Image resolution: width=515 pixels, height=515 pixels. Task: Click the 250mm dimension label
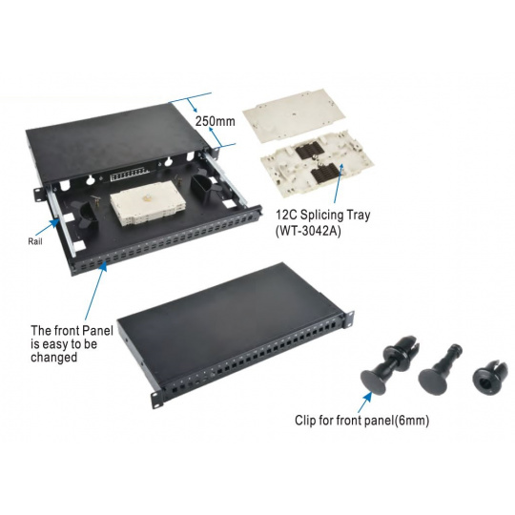click(x=216, y=121)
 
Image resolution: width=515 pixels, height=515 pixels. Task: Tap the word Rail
click(x=35, y=241)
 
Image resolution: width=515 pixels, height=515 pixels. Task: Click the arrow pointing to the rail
click(x=47, y=226)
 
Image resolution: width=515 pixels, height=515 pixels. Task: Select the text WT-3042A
click(x=308, y=231)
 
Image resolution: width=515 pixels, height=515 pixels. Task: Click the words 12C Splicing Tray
click(x=323, y=215)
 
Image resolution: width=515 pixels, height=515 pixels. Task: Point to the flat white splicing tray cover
click(x=295, y=115)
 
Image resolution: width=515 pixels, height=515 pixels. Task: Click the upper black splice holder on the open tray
click(x=310, y=153)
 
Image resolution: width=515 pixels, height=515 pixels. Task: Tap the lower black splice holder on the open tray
click(x=325, y=173)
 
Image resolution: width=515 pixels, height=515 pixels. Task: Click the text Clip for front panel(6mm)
click(x=361, y=421)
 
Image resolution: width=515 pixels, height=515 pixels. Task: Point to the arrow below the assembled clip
click(x=365, y=402)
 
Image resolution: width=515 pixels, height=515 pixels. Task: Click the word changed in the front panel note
click(x=53, y=357)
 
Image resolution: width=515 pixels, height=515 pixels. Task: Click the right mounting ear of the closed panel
click(x=348, y=319)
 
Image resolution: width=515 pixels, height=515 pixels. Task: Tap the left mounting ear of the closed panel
click(x=157, y=400)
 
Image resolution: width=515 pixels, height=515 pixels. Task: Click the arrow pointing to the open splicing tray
click(x=339, y=182)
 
